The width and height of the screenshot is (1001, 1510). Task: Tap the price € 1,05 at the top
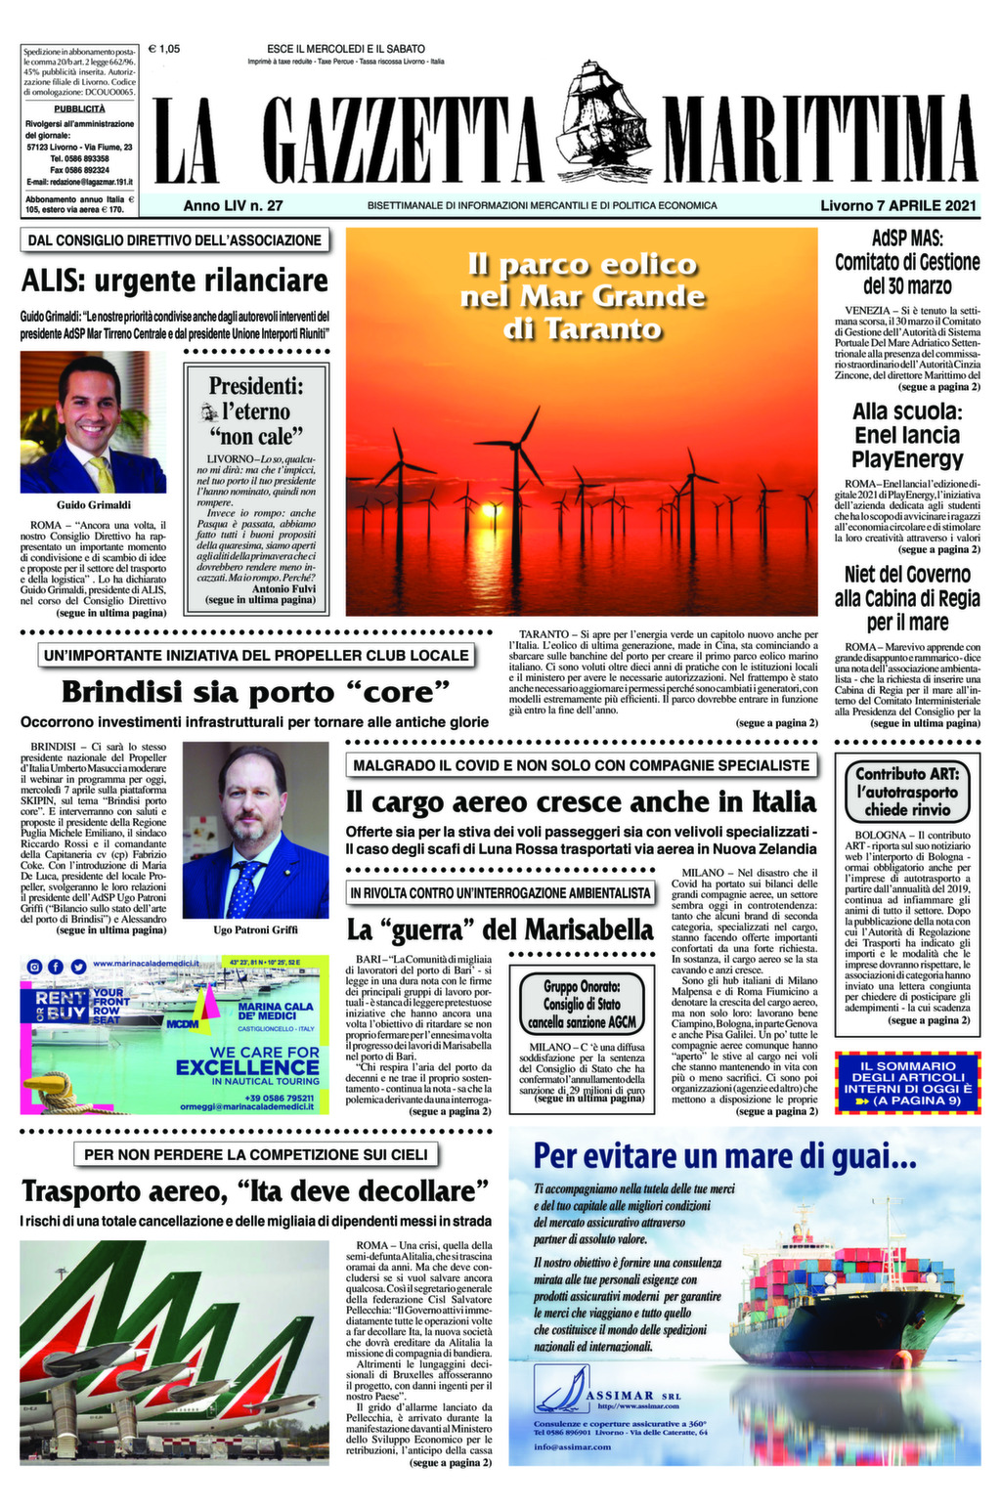[163, 48]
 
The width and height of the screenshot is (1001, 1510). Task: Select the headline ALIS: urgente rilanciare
[175, 281]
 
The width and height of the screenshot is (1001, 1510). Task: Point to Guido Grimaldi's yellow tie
[102, 473]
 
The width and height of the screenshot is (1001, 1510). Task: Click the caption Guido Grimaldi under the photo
[94, 505]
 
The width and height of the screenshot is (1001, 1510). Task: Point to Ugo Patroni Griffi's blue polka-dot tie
[244, 887]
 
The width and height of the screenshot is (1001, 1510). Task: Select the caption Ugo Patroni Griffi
[255, 929]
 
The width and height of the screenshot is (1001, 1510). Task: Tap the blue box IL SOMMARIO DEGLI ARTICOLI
[907, 1083]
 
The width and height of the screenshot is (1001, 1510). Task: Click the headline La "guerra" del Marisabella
[500, 928]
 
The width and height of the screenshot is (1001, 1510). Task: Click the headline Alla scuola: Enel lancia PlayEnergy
[907, 435]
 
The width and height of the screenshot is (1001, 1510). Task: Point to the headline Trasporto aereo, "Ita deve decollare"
[255, 1192]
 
